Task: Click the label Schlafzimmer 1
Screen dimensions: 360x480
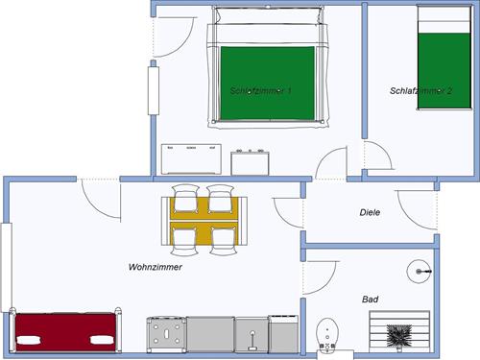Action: [261, 91]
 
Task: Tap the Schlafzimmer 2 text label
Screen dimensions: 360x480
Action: [420, 91]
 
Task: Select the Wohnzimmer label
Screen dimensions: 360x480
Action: [155, 268]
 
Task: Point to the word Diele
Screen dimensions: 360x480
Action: [370, 212]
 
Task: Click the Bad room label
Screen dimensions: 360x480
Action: [370, 300]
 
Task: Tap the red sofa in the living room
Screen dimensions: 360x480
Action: [66, 332]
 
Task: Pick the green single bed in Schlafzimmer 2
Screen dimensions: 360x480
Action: [446, 58]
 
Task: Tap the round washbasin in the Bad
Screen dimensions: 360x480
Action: [419, 272]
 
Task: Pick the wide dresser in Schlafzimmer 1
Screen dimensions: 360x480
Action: [191, 158]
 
